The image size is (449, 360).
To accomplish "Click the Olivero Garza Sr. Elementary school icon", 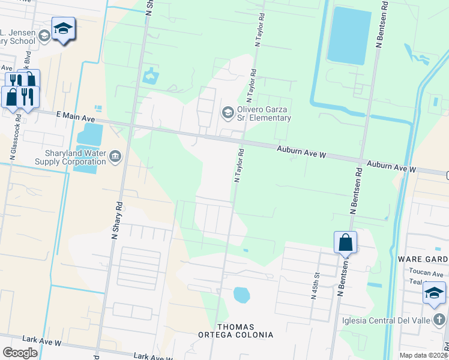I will (x=228, y=112).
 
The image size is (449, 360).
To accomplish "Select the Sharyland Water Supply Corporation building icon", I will (x=115, y=157).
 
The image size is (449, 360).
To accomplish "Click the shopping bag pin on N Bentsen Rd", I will (x=345, y=243).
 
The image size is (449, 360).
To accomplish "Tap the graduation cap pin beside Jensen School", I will (x=63, y=29).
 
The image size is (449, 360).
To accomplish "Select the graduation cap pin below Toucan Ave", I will (x=434, y=293).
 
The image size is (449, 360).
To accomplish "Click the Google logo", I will (x=20, y=353).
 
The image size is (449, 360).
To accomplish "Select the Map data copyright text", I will (x=424, y=355).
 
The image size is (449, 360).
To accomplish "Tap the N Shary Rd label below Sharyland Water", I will (x=117, y=221).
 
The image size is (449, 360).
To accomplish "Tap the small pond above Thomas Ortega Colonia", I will (x=241, y=295).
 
